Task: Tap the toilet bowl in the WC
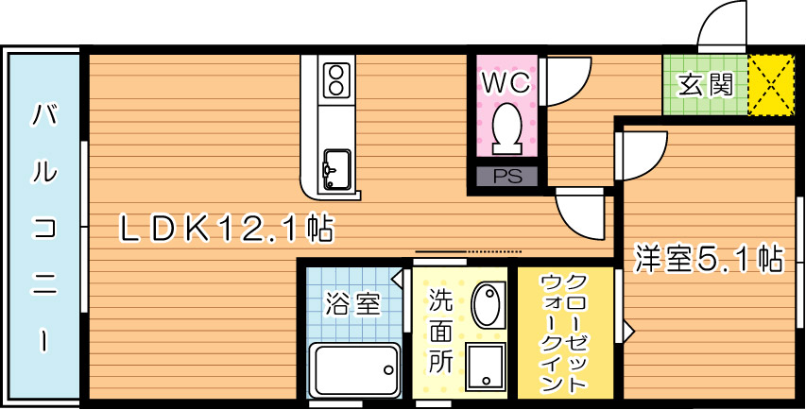pos(507,128)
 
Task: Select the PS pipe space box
pos(507,176)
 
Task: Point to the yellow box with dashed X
pos(773,85)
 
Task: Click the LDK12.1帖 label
pos(224,227)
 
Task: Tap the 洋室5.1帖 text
pos(709,258)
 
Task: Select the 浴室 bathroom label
pos(352,304)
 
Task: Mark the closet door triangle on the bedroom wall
pos(626,332)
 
